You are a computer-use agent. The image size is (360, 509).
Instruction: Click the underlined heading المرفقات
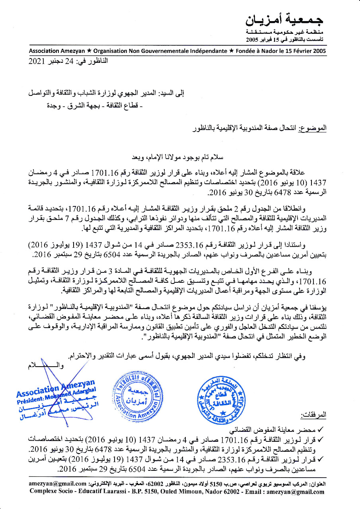(x=315, y=415)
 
